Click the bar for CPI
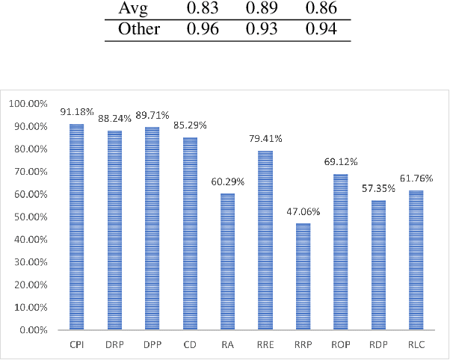pos(76,226)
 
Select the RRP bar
pos(303,276)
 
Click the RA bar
pos(228,261)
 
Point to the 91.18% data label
pos(77,112)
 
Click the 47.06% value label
pos(303,212)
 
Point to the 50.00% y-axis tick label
pos(31,217)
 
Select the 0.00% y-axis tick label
pos(33,329)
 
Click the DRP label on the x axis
pos(114,345)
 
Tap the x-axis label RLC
pos(416,345)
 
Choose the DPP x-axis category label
pos(152,345)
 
